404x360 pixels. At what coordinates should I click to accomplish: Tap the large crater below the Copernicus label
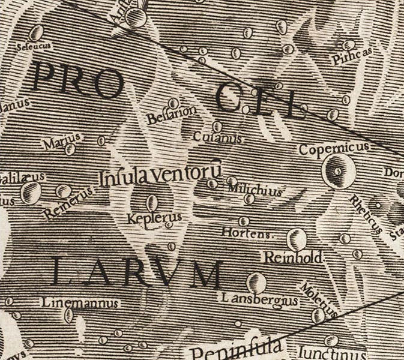[337, 170]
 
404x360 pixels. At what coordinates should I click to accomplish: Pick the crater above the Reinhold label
[296, 239]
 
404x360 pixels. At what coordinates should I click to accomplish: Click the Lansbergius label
[260, 298]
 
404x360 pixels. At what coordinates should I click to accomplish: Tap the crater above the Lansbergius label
[256, 281]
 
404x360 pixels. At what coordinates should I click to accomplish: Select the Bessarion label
[163, 114]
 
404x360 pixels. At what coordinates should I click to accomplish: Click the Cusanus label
[217, 138]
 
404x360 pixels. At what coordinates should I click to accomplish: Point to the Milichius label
[254, 191]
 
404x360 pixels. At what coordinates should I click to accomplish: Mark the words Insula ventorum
[161, 176]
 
